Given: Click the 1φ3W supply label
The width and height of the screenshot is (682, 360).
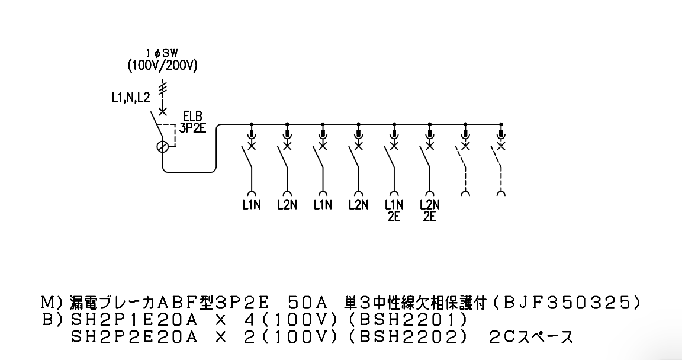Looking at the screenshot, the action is (163, 53).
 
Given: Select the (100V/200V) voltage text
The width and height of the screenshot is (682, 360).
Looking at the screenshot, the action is (163, 66).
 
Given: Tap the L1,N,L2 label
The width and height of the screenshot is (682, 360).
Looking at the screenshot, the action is (130, 98).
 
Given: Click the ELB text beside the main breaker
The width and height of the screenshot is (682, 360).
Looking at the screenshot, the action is (192, 117).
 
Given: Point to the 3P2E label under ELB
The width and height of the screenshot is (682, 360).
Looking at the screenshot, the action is (192, 128).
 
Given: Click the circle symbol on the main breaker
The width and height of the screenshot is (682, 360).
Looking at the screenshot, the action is (162, 147).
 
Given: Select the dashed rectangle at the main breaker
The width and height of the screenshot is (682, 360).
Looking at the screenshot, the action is (166, 135).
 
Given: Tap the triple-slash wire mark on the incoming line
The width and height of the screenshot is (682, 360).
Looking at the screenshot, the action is (163, 88).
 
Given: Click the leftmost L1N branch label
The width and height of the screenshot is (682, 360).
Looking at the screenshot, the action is (252, 204).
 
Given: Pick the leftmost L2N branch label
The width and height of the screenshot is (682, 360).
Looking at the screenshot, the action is (287, 204).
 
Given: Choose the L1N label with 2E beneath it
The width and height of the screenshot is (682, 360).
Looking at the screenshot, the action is (394, 204).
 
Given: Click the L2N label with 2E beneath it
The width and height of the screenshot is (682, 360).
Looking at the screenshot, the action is (430, 204).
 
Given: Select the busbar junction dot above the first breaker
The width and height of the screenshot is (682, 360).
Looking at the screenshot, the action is (252, 124).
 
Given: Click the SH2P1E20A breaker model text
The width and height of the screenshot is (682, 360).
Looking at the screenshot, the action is (134, 320).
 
